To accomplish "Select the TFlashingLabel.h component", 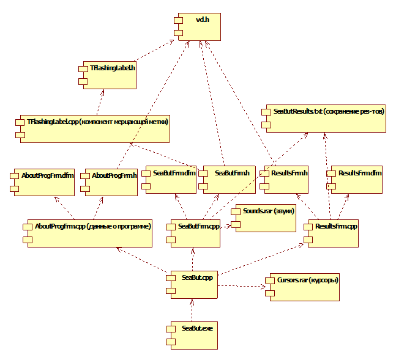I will pyautogui.click(x=109, y=75).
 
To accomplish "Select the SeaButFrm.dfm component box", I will pyautogui.click(x=171, y=180).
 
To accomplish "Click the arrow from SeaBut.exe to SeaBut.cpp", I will pyautogui.click(x=192, y=310).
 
